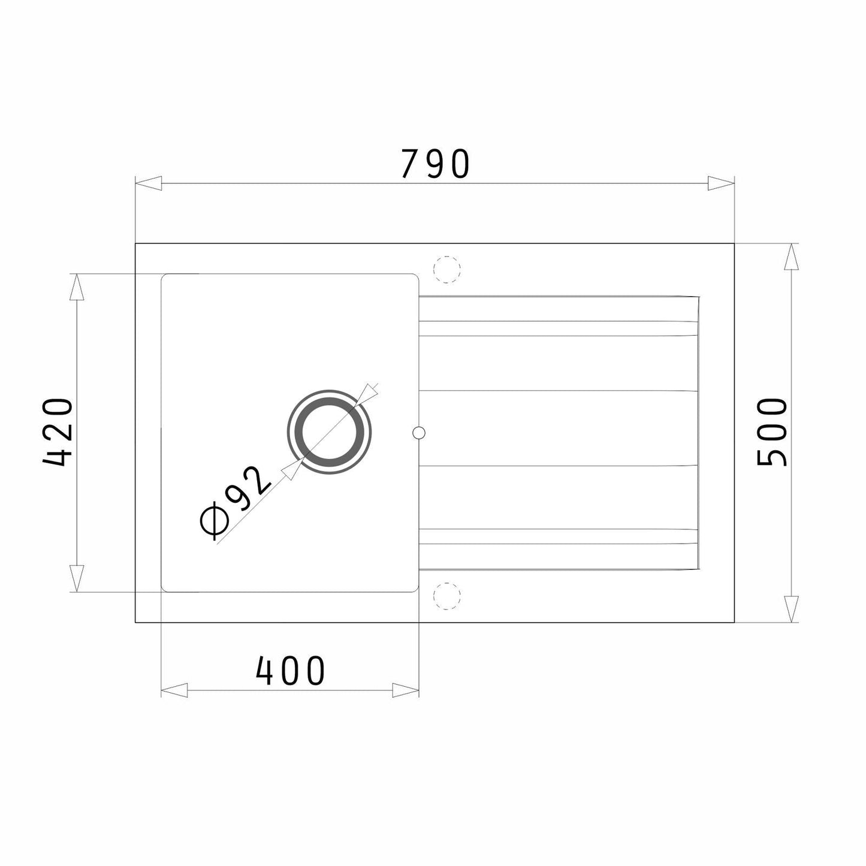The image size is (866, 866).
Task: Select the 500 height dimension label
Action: pyautogui.click(x=772, y=432)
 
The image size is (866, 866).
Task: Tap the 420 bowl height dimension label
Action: pyautogui.click(x=57, y=432)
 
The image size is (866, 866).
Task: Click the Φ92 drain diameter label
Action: pyautogui.click(x=236, y=503)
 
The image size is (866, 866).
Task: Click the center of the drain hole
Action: pyautogui.click(x=330, y=432)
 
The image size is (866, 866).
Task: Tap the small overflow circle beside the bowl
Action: pyautogui.click(x=419, y=432)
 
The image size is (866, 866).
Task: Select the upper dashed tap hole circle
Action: pyautogui.click(x=446, y=270)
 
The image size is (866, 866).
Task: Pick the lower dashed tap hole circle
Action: pyautogui.click(x=446, y=596)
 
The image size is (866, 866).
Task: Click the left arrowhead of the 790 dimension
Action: pyautogui.click(x=148, y=183)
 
